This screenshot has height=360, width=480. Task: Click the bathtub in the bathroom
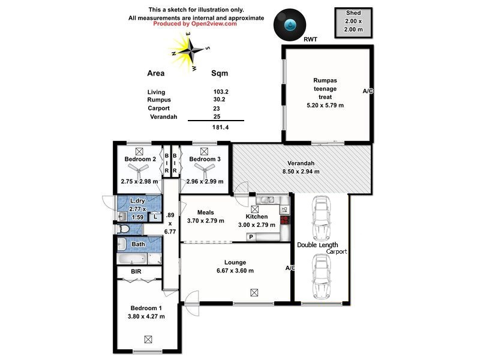pyautogui.click(x=131, y=260)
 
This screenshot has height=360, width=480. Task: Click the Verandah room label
pyautogui.click(x=301, y=163)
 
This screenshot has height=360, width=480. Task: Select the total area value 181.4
pyautogui.click(x=220, y=127)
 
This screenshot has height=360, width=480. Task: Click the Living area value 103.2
pyautogui.click(x=221, y=92)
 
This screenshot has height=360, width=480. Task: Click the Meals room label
pyautogui.click(x=205, y=212)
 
